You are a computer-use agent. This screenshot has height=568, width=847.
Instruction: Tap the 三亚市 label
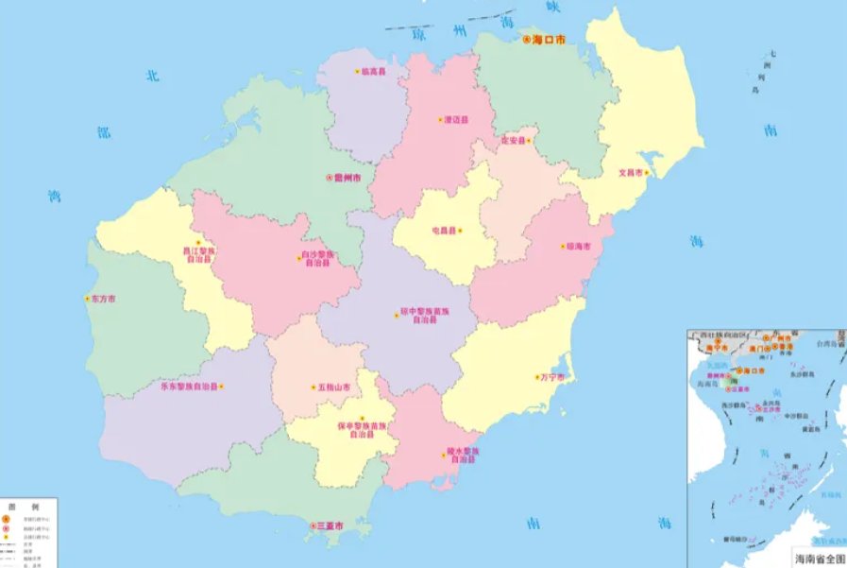pyautogui.click(x=328, y=525)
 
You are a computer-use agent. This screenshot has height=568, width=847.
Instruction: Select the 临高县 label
pyautogui.click(x=374, y=72)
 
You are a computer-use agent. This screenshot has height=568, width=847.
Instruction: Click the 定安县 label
pyautogui.click(x=513, y=141)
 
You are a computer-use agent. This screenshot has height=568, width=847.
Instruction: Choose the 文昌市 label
pyautogui.click(x=630, y=173)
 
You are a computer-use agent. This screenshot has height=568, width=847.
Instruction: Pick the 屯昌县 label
pyautogui.click(x=444, y=230)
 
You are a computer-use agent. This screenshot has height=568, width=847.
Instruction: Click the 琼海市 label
pyautogui.click(x=577, y=247)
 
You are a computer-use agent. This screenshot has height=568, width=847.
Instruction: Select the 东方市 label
pyautogui.click(x=103, y=299)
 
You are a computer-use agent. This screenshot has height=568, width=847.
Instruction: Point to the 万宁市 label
pyautogui.click(x=551, y=377)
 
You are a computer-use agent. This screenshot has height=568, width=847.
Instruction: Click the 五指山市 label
pyautogui.click(x=334, y=387)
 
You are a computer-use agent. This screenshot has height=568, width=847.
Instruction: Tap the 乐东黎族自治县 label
pyautogui.click(x=189, y=387)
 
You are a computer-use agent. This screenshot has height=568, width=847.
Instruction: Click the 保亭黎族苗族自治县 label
pyautogui.click(x=363, y=430)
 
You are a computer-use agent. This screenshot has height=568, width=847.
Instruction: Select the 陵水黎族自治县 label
pyautogui.click(x=464, y=455)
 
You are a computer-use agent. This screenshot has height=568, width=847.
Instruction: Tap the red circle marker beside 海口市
pyautogui.click(x=527, y=40)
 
